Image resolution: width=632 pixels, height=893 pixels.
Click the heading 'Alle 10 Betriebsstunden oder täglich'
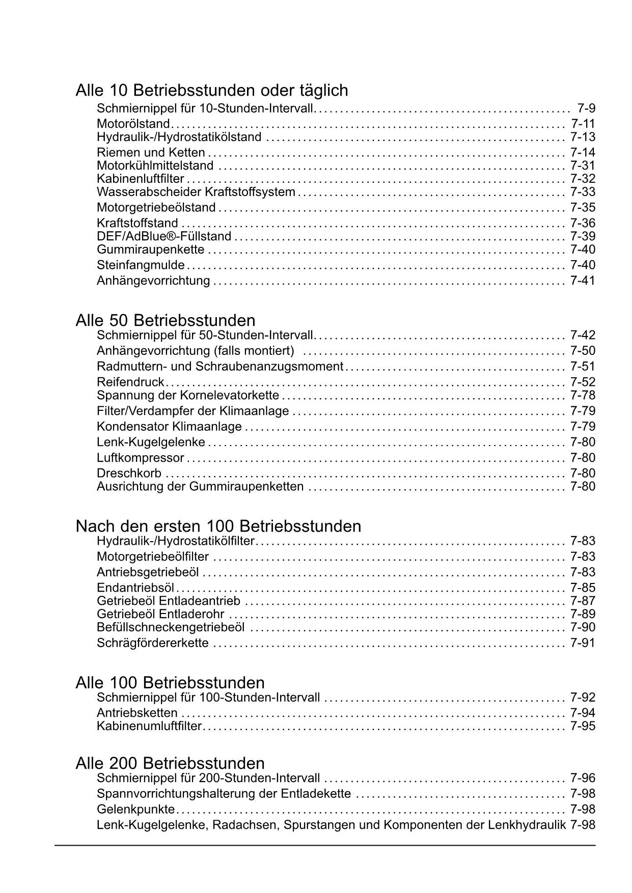[x=212, y=90]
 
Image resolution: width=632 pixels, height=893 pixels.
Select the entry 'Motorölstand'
[x=133, y=124]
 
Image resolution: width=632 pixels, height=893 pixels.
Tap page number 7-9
[x=586, y=108]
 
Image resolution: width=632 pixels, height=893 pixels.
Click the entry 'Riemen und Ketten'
[x=151, y=152]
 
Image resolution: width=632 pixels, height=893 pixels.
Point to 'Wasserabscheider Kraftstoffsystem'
[x=196, y=192]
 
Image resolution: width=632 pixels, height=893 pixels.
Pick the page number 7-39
[x=583, y=236]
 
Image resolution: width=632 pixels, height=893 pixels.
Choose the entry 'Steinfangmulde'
[x=141, y=265]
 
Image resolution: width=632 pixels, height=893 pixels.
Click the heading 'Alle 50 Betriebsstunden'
[x=166, y=320]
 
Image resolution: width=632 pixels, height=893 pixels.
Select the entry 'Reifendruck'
[x=130, y=382]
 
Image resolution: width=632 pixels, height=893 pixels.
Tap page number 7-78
[x=583, y=395]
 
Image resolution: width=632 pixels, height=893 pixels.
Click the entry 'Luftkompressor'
[x=141, y=458]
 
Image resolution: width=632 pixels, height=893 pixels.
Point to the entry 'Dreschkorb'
[x=129, y=473]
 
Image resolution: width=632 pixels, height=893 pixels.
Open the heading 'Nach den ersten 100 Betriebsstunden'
[x=218, y=526]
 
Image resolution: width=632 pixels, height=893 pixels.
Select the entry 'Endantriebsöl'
[x=135, y=588]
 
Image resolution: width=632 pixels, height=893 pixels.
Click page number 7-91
[x=583, y=643]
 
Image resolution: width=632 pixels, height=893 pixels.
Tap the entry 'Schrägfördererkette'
[x=153, y=643]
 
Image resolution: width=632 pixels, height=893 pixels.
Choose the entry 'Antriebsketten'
[x=137, y=713]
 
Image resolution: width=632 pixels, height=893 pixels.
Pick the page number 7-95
[x=583, y=726]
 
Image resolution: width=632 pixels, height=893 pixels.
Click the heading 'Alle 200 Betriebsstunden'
[x=170, y=763]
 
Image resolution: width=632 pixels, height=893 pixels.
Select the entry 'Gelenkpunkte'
[x=135, y=809]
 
